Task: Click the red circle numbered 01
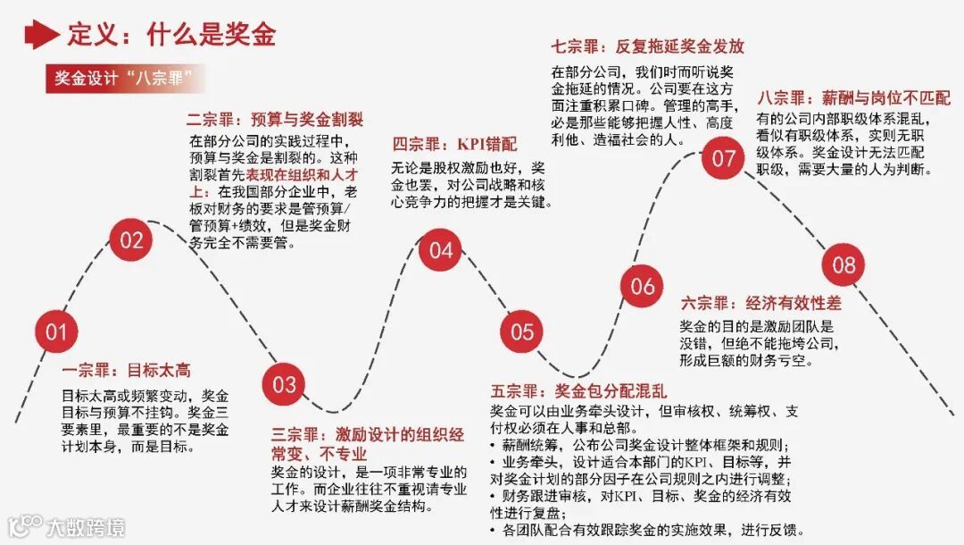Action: (56, 332)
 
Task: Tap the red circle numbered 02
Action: (131, 239)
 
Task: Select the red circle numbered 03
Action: (284, 384)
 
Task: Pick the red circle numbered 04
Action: (441, 250)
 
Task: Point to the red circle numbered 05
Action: (521, 332)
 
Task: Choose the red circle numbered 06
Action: (643, 287)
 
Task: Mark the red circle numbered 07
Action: (723, 158)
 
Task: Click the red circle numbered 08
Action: (843, 264)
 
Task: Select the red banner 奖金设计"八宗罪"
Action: (124, 77)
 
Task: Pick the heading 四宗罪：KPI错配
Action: (454, 144)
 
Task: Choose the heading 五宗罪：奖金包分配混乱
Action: (578, 390)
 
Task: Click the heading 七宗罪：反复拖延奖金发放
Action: (648, 46)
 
